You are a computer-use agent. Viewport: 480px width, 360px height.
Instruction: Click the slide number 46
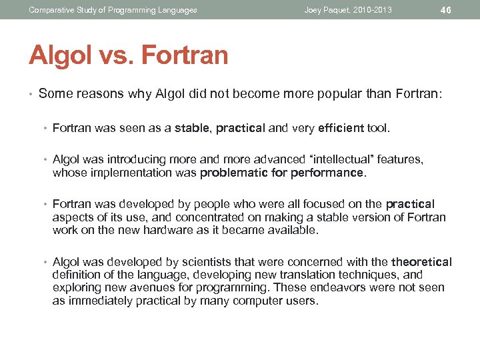pos(446,10)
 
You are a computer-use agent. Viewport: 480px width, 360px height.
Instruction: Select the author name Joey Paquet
pos(330,10)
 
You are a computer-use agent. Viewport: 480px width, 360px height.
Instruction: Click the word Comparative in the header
pos(51,10)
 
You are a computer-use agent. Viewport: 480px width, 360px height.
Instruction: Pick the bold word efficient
pos(341,128)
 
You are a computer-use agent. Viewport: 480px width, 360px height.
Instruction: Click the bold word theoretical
pos(421,262)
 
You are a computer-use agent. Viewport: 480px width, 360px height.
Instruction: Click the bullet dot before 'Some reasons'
pos(31,93)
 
